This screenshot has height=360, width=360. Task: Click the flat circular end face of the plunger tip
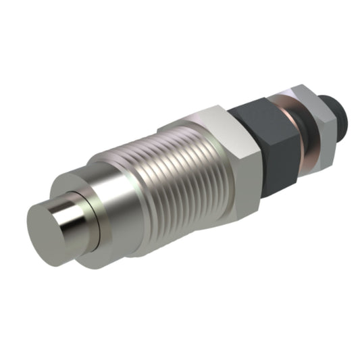tap(45, 224)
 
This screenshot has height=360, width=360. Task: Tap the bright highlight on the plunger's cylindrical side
tap(70, 215)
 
